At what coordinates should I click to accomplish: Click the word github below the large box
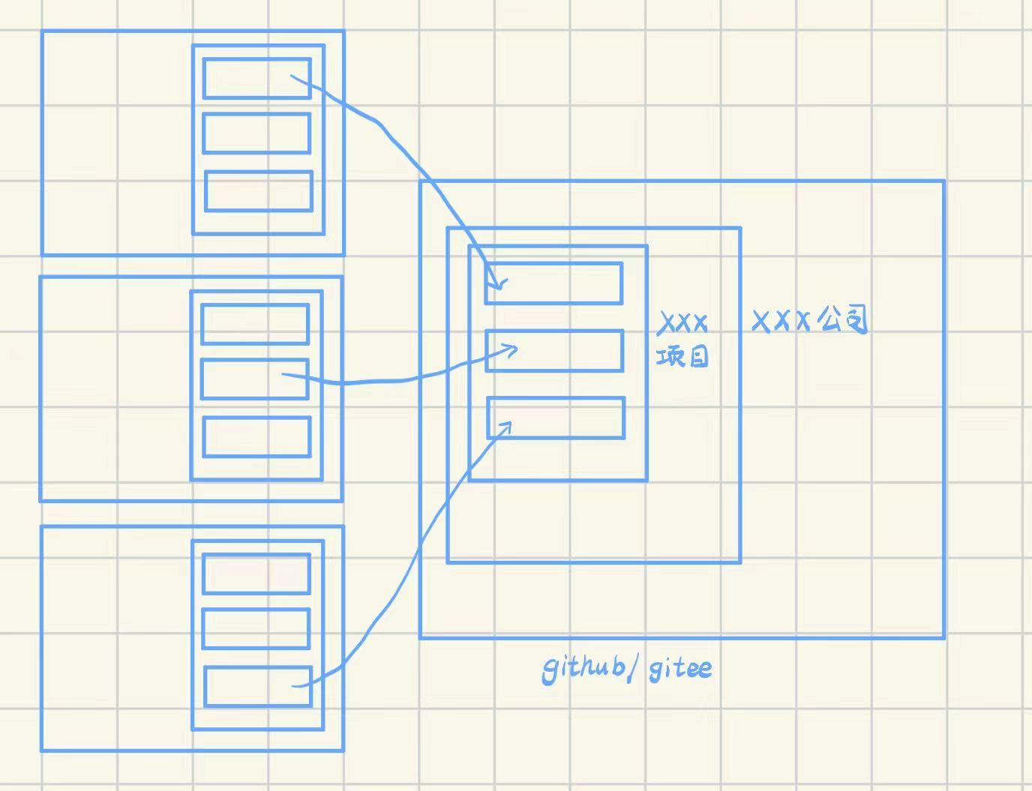tap(583, 667)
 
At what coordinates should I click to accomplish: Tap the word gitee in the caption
tap(679, 667)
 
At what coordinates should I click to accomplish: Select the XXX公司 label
tap(809, 321)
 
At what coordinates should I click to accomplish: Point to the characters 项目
tap(682, 357)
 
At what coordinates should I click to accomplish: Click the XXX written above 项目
tap(682, 324)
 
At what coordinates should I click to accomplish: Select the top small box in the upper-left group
tap(256, 78)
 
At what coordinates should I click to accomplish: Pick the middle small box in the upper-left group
tap(256, 133)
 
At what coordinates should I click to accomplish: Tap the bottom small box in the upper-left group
tap(259, 191)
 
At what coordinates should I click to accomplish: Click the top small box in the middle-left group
tap(255, 324)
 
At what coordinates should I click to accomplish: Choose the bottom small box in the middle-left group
tap(256, 436)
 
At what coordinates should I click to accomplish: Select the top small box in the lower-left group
tap(256, 574)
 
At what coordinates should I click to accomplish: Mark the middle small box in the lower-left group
tap(256, 628)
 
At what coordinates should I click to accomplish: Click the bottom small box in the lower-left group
tap(258, 686)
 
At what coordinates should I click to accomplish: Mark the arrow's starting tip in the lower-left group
tap(294, 685)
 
